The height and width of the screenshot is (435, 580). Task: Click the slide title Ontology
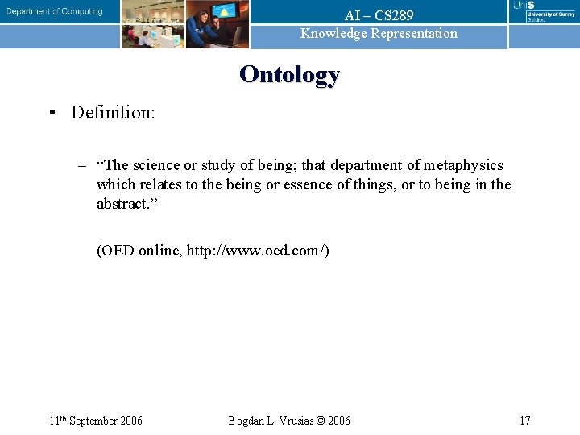pos(289,75)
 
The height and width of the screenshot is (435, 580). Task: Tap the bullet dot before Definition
pos(51,112)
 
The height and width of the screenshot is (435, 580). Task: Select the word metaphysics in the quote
pos(464,165)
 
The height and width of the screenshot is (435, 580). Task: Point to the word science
pos(157,165)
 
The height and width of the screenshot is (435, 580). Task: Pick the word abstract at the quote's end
pos(123,204)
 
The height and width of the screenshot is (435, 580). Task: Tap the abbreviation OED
pos(119,251)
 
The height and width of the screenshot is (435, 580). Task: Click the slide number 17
pos(524,420)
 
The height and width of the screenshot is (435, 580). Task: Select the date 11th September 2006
pos(95,420)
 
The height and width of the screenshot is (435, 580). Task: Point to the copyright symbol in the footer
pos(321,420)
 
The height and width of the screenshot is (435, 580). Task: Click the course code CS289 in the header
pos(394,15)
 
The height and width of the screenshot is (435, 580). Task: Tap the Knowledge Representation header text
pos(379,33)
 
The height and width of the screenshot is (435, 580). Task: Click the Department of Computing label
pos(55,11)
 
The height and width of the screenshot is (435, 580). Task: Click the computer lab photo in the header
pos(153,24)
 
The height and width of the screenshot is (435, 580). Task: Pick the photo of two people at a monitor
pos(217,24)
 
